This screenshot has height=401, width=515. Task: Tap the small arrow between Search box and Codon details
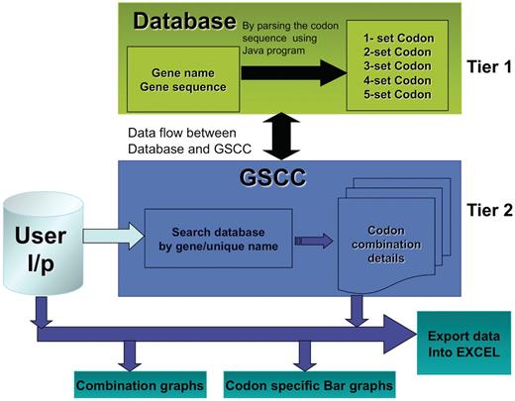[315, 239]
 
